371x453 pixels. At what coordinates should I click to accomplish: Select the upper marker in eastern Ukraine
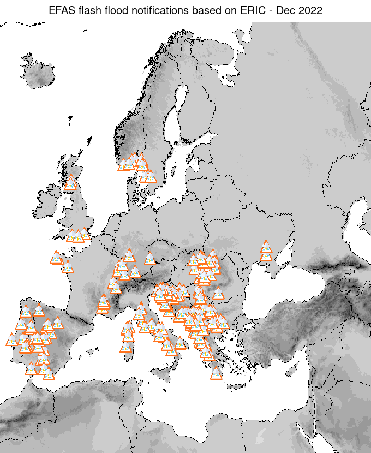[266, 247]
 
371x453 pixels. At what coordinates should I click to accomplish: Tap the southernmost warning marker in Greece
[217, 374]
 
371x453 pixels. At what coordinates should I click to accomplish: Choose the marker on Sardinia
[127, 347]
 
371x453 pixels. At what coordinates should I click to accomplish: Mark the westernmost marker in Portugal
[11, 339]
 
